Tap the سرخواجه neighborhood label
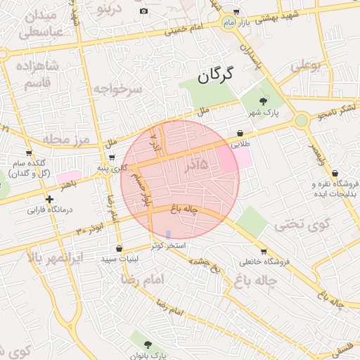point(118,89)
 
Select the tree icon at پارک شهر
point(263,102)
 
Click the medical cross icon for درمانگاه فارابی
point(49,199)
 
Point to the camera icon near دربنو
point(143,11)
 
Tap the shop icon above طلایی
point(240,132)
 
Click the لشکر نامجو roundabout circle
point(302,120)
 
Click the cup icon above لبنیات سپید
point(119,248)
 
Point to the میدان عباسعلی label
point(42,24)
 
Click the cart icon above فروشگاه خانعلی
point(264,252)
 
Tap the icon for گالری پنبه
point(112,157)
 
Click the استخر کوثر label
point(167,245)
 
